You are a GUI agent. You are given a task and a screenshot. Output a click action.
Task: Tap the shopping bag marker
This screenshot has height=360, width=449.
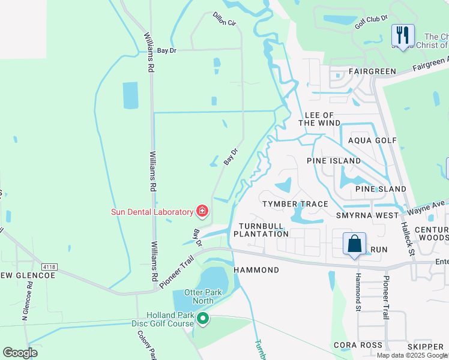click(354, 244)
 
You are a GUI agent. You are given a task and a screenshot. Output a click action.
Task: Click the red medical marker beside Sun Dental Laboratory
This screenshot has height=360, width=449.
click(202, 211)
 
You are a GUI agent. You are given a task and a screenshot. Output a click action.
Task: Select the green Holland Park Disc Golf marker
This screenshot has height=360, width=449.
click(203, 319)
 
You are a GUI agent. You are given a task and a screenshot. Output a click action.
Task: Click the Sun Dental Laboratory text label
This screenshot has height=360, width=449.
click(151, 212)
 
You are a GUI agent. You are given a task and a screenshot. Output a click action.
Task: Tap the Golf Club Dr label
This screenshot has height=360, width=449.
click(371, 22)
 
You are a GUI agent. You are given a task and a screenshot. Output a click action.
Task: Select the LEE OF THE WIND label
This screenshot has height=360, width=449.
click(319, 119)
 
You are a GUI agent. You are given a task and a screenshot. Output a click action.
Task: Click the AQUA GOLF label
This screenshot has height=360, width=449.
click(373, 140)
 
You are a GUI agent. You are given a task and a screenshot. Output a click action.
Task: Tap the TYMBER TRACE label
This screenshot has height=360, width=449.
click(295, 204)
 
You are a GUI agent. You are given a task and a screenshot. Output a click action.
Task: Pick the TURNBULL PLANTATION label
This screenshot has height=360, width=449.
click(264, 230)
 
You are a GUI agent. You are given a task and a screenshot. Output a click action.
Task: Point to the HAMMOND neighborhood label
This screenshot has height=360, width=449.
click(256, 270)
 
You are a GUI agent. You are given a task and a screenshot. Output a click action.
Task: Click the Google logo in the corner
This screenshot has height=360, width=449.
click(20, 353)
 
